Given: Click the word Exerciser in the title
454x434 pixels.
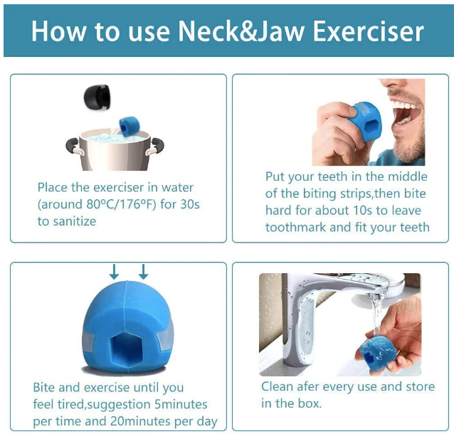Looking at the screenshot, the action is [x=369, y=31].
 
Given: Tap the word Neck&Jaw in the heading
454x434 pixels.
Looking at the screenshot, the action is [x=241, y=31].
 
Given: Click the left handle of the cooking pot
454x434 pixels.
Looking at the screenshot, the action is [x=74, y=147].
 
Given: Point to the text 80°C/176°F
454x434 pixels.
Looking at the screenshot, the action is [x=121, y=204].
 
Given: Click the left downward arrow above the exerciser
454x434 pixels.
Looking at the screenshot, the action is [x=115, y=272].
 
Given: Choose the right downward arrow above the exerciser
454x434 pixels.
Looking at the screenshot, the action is [x=143, y=272].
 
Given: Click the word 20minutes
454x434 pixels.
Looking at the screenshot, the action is [x=140, y=421].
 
